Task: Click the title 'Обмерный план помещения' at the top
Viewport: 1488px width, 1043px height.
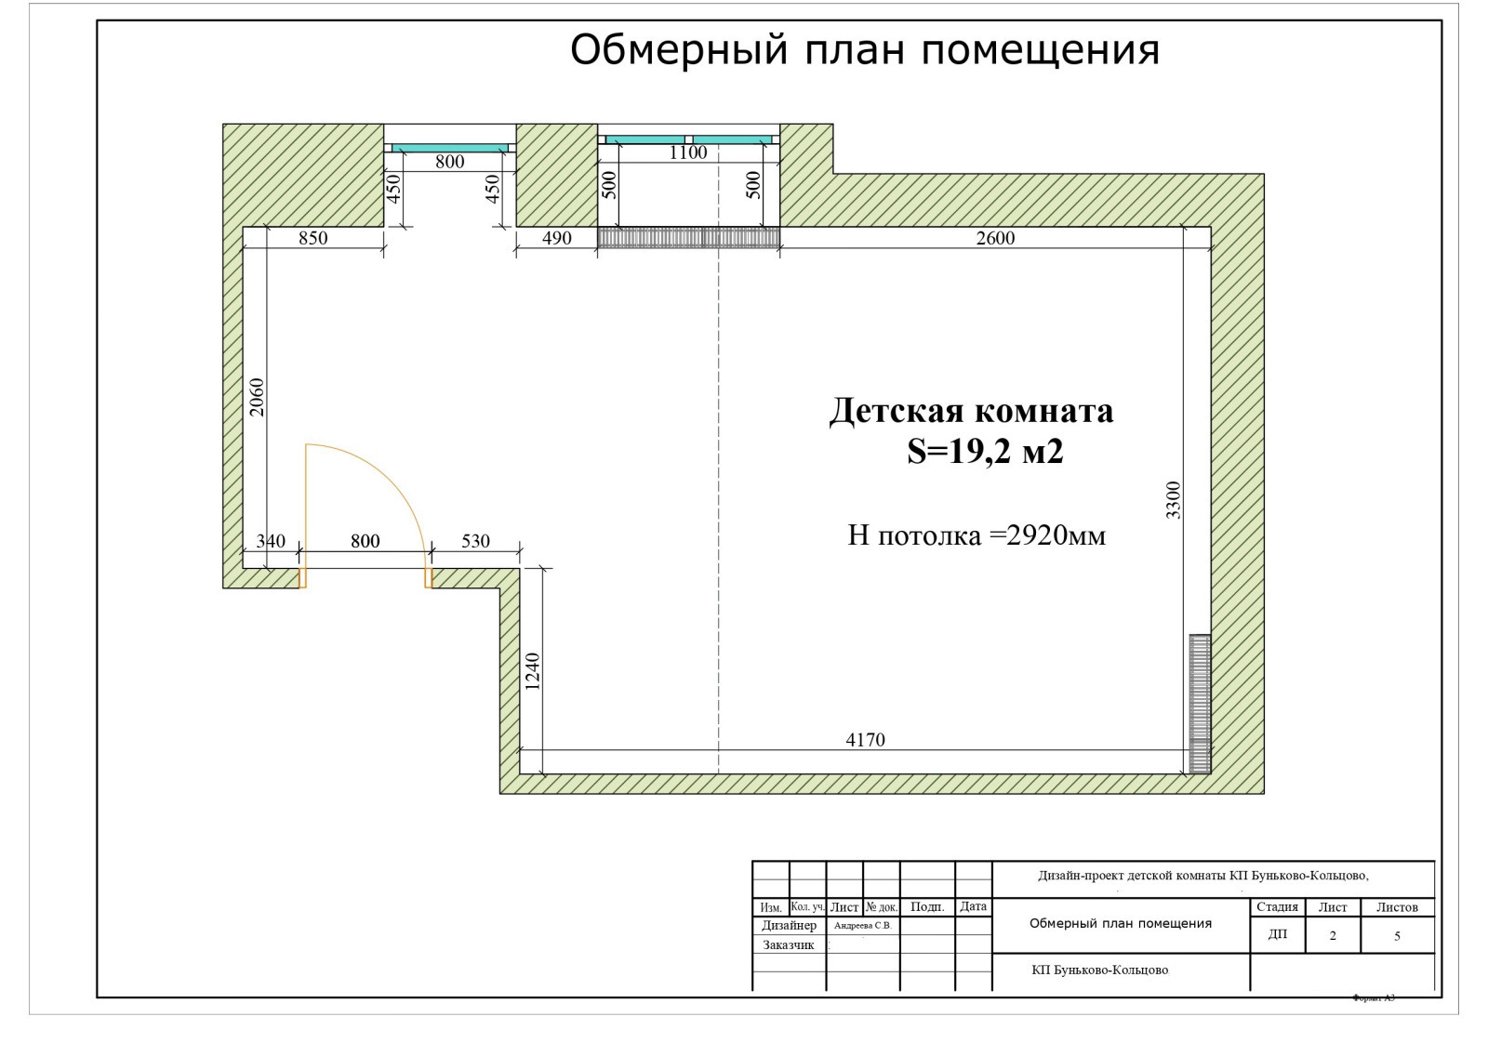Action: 864,50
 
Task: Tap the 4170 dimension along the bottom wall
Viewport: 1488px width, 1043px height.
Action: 865,740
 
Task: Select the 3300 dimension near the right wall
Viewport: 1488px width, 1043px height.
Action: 1174,500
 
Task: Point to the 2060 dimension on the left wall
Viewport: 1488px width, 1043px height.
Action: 257,397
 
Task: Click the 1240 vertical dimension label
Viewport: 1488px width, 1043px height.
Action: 532,671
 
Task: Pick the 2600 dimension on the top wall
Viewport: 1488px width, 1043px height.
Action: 995,238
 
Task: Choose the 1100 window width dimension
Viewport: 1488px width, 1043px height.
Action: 688,153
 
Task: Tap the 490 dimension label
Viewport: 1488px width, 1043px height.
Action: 556,238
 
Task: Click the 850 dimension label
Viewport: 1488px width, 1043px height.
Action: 312,238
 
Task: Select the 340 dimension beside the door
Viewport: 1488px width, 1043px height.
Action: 271,541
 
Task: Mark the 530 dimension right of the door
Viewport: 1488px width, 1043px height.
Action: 475,541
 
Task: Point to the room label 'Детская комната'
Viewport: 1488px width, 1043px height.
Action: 971,411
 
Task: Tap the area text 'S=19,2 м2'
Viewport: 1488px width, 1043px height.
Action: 985,452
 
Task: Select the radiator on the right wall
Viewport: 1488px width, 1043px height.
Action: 1200,704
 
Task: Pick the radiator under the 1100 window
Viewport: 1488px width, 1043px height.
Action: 688,238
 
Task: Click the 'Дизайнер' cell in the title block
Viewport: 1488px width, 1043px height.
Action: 789,926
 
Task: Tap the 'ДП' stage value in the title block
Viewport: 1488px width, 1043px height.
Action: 1278,934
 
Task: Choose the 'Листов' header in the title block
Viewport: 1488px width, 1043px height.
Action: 1397,907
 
